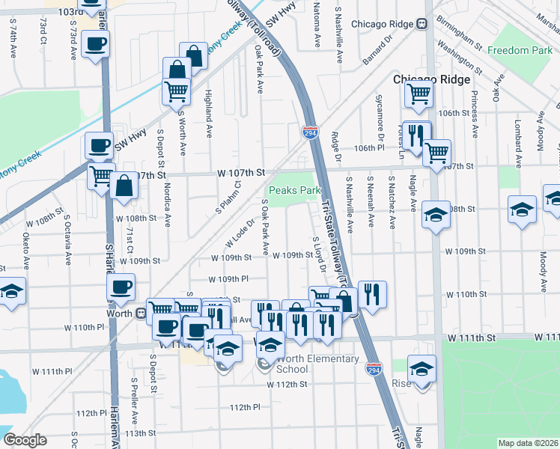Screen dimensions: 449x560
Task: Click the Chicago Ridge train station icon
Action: (x=422, y=24)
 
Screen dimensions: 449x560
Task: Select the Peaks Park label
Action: (x=295, y=191)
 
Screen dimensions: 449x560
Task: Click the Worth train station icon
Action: (x=140, y=314)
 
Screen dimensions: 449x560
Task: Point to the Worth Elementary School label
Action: (x=307, y=364)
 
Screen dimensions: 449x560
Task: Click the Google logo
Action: (x=25, y=440)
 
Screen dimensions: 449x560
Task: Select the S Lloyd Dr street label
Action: (x=319, y=254)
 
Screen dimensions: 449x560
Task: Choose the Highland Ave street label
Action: (x=209, y=112)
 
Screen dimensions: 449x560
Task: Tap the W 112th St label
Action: (x=287, y=385)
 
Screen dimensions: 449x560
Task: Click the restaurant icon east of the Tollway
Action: (x=372, y=295)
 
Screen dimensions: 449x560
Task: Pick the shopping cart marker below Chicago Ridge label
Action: (x=418, y=94)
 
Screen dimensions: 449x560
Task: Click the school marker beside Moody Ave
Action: (x=522, y=210)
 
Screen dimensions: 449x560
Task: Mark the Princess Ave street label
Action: (x=474, y=114)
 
